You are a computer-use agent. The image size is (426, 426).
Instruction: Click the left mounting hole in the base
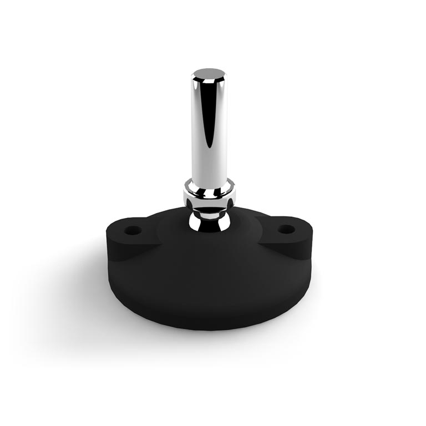132,230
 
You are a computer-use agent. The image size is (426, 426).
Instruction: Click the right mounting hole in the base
286,229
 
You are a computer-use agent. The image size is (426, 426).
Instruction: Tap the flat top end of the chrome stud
209,73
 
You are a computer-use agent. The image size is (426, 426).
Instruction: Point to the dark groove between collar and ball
209,206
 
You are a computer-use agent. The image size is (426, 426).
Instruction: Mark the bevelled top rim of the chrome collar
209,182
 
